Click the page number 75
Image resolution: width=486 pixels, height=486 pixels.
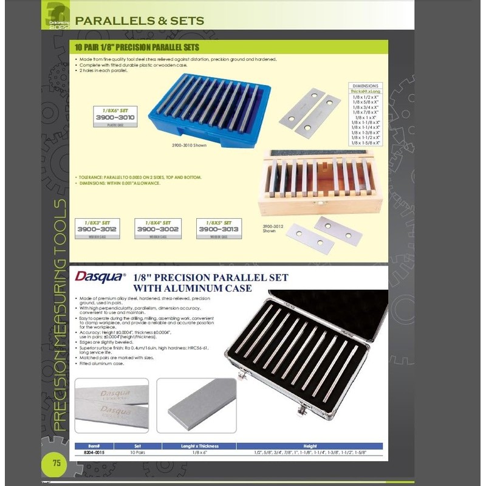[x=56, y=463]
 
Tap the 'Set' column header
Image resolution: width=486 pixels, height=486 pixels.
[x=137, y=445]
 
